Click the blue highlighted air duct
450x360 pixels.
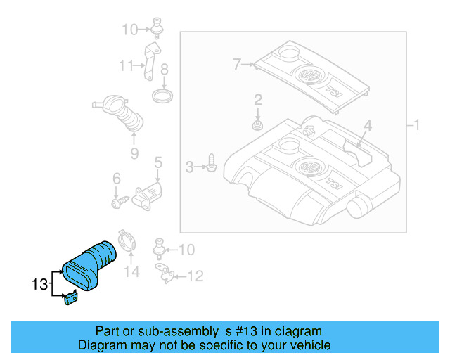point(90,264)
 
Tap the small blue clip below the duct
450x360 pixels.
point(71,299)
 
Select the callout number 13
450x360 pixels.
point(39,285)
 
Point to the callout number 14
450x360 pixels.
point(131,271)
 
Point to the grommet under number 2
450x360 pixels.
point(257,127)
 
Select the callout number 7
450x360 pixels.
point(238,65)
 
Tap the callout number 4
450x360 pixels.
point(367,127)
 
